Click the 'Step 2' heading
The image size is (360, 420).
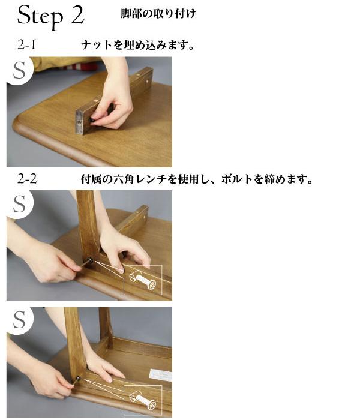[x=51, y=16]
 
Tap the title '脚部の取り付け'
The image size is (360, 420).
[x=158, y=13]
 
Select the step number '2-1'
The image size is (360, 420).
[x=26, y=45]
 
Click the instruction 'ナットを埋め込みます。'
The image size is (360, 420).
[x=137, y=45]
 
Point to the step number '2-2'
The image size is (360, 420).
[x=27, y=179]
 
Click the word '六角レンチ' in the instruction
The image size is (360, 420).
[x=140, y=179]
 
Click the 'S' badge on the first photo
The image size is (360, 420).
[x=19, y=70]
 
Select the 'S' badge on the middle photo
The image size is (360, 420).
[x=19, y=203]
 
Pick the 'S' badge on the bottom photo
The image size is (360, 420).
[x=19, y=320]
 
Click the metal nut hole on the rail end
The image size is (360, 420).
[x=79, y=122]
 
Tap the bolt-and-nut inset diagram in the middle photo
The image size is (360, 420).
[x=143, y=280]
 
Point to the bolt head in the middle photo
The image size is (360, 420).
[x=90, y=260]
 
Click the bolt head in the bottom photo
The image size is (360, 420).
[x=77, y=379]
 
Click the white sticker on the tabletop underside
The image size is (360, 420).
[x=160, y=375]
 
